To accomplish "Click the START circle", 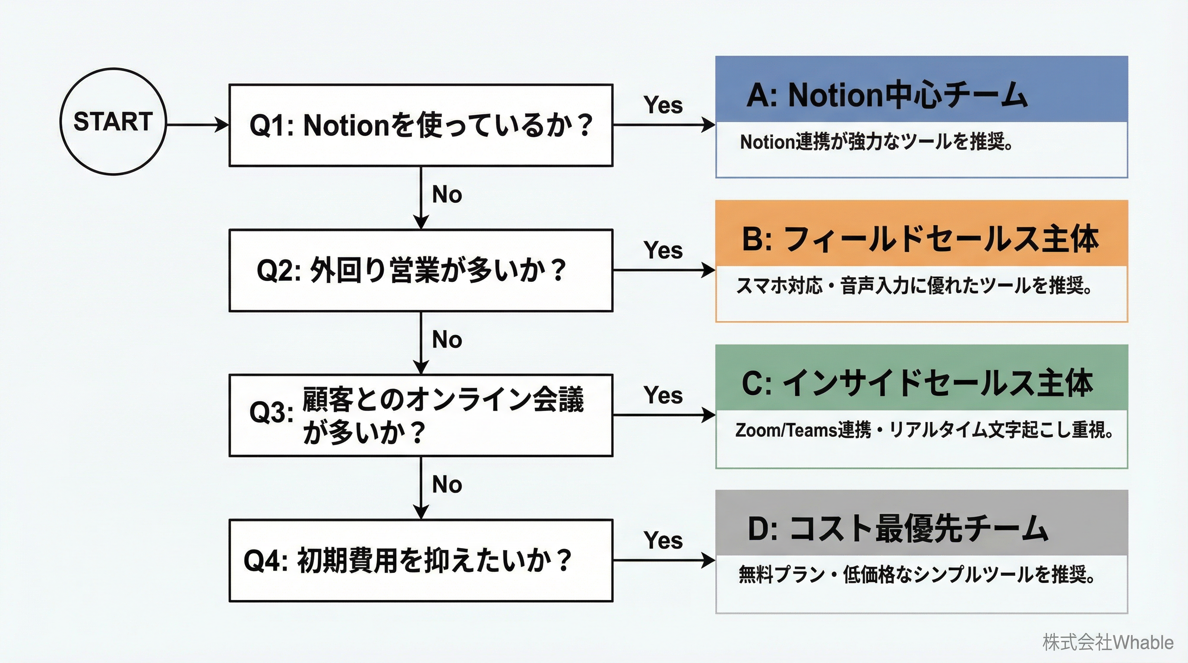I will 113,122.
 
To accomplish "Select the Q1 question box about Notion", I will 420,125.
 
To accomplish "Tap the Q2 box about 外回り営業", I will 420,270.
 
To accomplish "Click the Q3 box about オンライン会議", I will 420,415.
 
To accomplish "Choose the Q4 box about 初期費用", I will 420,560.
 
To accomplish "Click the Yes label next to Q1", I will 663,105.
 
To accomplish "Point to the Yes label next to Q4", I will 663,540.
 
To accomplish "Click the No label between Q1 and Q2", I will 447,195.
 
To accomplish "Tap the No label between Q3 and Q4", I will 447,485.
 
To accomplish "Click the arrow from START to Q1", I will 197,124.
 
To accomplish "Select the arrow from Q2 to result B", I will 664,270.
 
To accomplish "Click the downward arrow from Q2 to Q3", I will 420,342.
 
